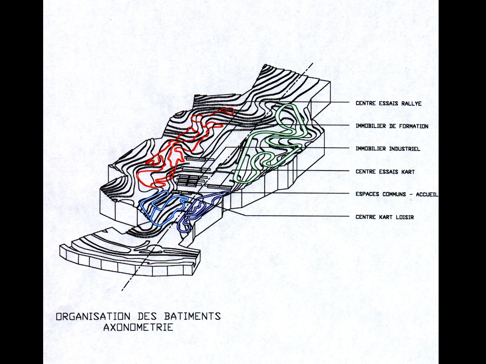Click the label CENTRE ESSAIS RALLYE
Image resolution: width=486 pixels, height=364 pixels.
(x=388, y=103)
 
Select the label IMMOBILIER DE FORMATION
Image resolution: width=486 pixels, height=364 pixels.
(x=392, y=126)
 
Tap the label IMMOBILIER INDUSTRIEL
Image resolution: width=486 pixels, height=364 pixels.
(x=388, y=149)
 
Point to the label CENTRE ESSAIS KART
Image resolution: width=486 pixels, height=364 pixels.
(x=385, y=172)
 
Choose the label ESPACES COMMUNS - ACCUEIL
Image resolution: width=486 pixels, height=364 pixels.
(x=397, y=194)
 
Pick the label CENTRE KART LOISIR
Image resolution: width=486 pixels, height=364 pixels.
(x=385, y=217)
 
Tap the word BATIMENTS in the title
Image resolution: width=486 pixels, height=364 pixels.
(x=192, y=316)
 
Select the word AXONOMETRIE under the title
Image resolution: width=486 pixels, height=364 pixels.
(x=138, y=328)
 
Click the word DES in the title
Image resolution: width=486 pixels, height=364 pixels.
(x=147, y=316)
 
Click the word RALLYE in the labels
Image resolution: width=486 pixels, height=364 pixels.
(x=412, y=103)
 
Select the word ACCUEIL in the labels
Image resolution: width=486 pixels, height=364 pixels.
(x=427, y=194)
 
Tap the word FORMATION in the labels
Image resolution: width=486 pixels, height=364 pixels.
(x=413, y=126)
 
